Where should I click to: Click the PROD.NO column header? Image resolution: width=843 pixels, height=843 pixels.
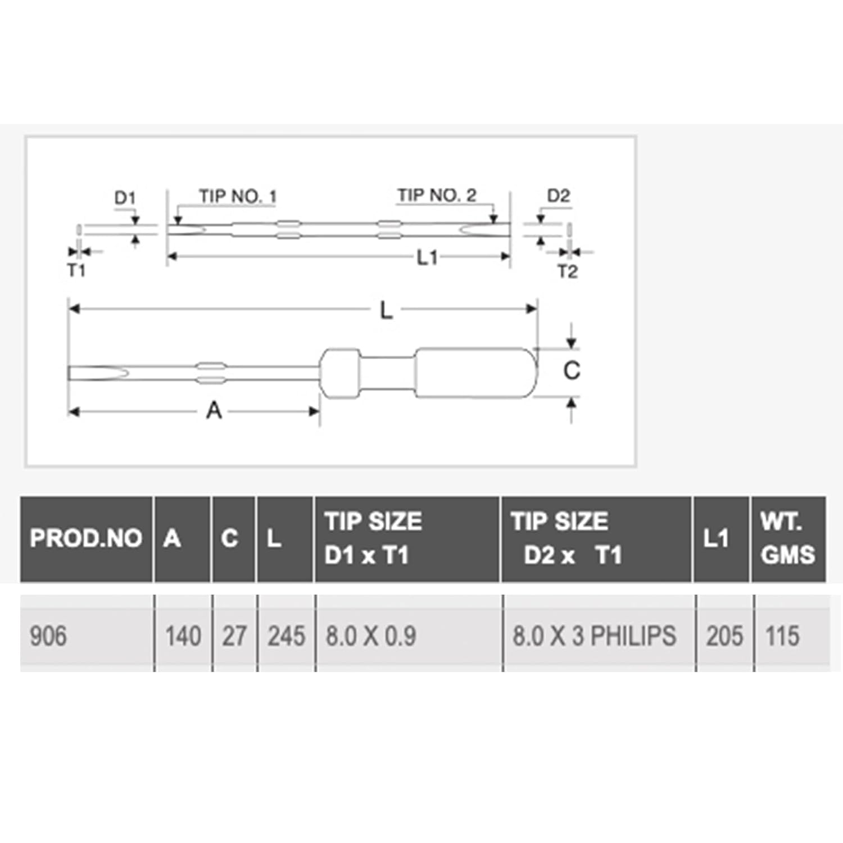(x=85, y=538)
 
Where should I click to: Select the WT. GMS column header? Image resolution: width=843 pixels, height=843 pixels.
(x=787, y=538)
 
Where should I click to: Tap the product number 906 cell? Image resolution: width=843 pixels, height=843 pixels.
(x=48, y=636)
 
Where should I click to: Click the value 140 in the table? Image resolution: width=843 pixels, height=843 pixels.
(x=183, y=636)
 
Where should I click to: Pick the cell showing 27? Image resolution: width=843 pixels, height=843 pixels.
(x=234, y=636)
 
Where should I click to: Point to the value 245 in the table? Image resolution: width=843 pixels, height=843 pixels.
(x=286, y=636)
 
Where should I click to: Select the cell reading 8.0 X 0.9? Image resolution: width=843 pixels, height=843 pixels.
(x=371, y=636)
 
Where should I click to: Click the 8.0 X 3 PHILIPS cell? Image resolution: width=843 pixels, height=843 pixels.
(x=594, y=636)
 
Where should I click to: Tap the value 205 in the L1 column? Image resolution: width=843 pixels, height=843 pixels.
(x=724, y=636)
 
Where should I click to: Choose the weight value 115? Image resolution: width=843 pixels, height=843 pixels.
(x=782, y=636)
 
